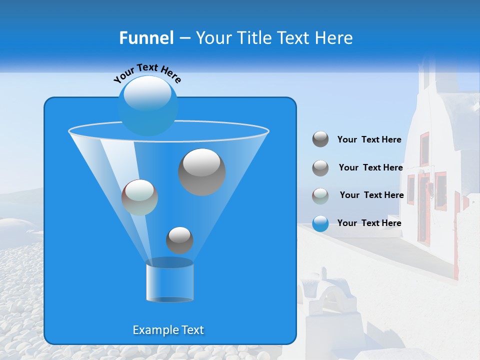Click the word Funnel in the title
click(146, 38)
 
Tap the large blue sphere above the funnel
click(148, 105)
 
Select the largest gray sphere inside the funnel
click(202, 172)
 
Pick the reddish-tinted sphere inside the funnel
click(139, 197)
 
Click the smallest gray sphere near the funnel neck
click(179, 240)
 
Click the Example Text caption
click(168, 330)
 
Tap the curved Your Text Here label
click(147, 72)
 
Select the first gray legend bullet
click(320, 139)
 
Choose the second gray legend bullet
click(320, 168)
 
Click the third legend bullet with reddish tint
click(320, 196)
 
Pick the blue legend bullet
click(320, 223)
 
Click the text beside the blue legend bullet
click(369, 223)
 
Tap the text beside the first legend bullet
click(369, 139)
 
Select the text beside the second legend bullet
click(370, 167)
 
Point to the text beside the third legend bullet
click(371, 195)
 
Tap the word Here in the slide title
click(334, 38)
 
